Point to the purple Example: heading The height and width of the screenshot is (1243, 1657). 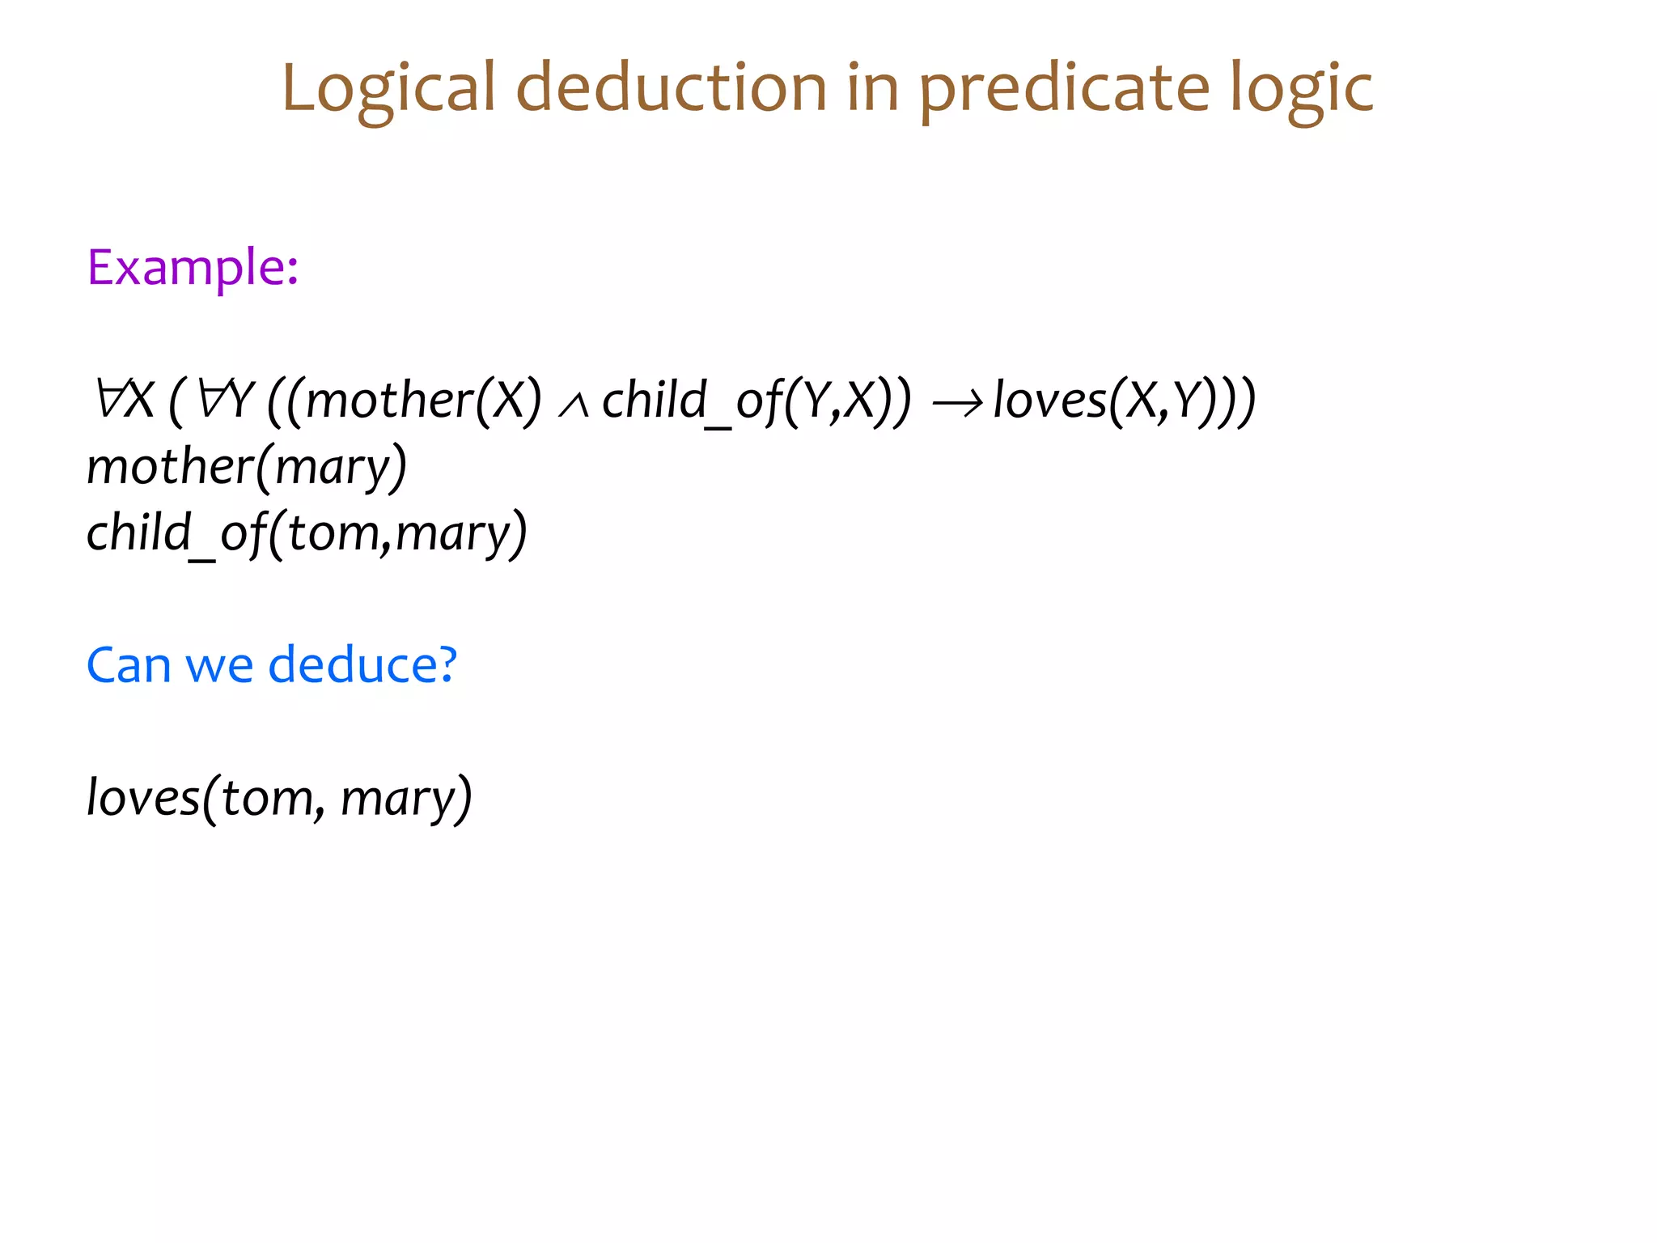coord(193,268)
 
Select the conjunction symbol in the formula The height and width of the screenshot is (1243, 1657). coord(573,405)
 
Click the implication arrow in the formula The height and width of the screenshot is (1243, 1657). coord(957,402)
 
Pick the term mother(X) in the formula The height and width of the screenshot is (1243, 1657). coord(423,401)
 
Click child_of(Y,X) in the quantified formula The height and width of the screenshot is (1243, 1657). coord(756,401)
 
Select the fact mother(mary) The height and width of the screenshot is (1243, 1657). coord(247,467)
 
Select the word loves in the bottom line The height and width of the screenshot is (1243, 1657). coord(143,798)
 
